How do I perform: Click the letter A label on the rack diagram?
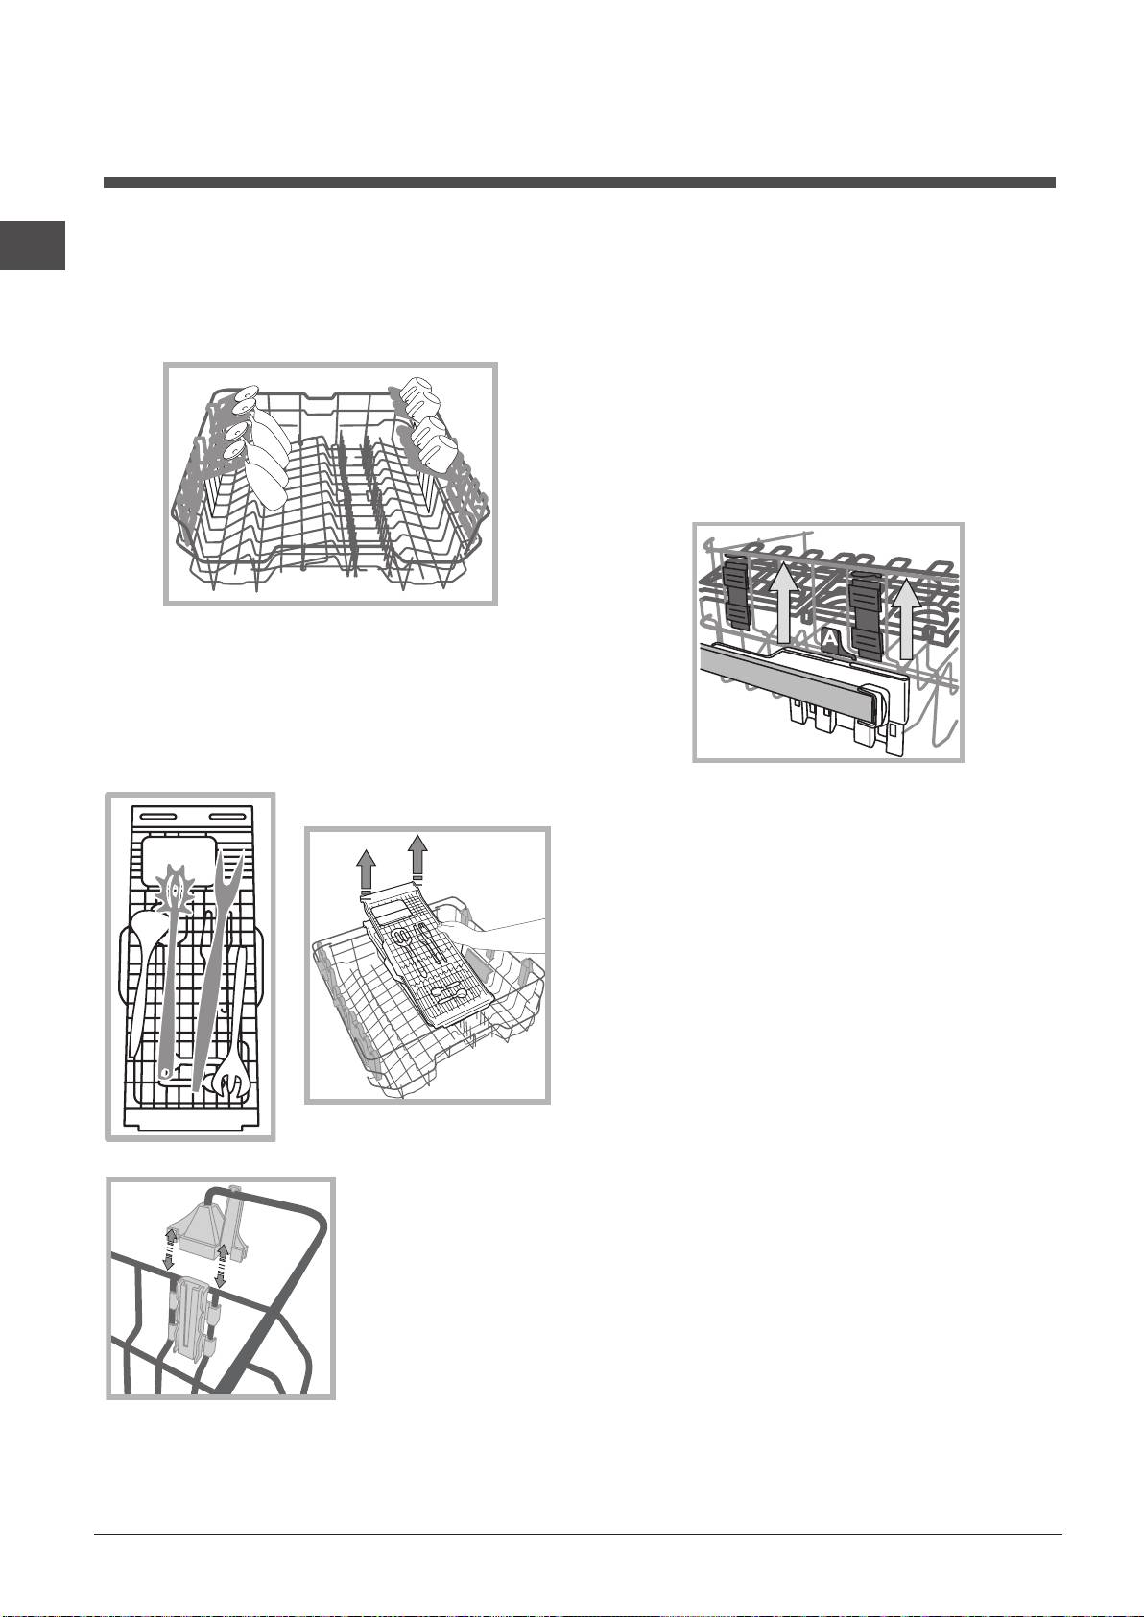point(830,638)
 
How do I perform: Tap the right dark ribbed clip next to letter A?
point(866,610)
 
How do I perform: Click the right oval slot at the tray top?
point(226,818)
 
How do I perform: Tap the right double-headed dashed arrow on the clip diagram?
point(221,1265)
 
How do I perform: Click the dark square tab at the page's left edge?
point(33,245)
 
